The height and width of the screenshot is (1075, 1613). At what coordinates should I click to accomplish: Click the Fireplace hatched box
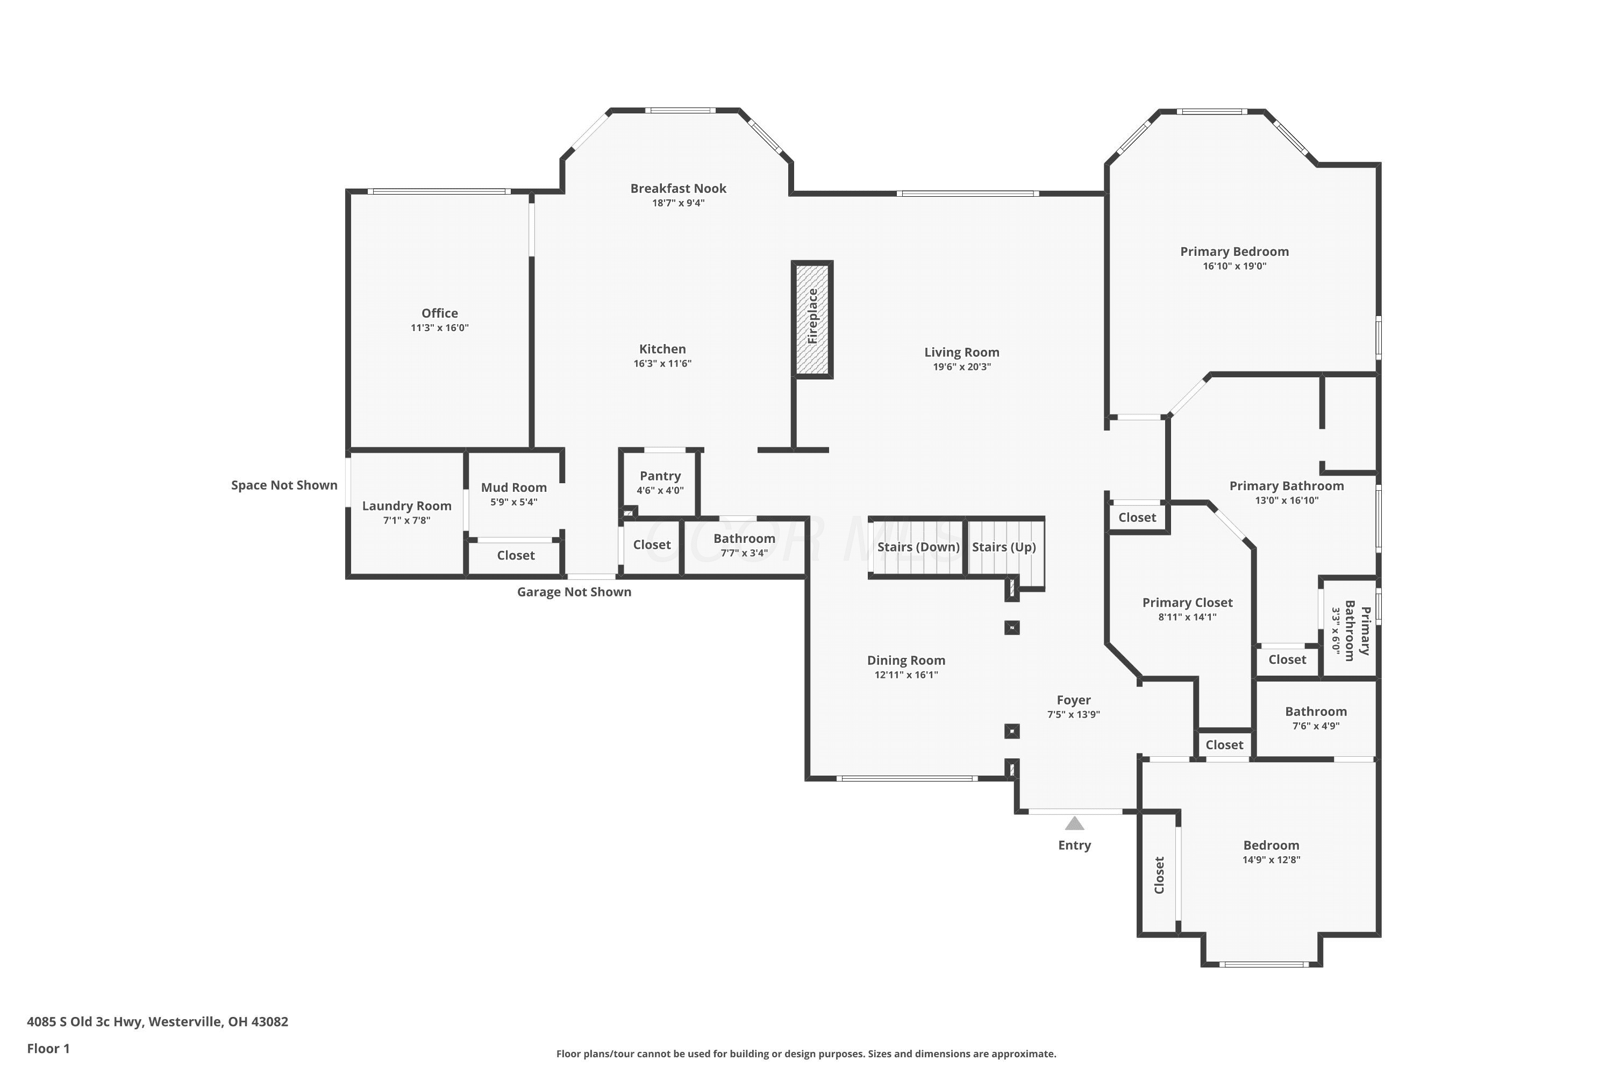coord(812,319)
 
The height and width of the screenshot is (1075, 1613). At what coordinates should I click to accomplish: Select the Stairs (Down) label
coord(918,547)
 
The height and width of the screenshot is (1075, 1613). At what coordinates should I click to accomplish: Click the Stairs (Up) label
coord(1003,547)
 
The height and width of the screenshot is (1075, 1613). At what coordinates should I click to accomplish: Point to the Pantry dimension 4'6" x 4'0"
coord(660,491)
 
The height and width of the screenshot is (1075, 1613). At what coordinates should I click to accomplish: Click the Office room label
coord(440,313)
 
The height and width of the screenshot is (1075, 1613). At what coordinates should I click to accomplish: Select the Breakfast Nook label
coord(678,189)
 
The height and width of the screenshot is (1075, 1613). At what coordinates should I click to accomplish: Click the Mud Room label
coord(513,488)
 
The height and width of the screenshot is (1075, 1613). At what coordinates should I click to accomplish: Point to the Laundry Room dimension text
coord(406,520)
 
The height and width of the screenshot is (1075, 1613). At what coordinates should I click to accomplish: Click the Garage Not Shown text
coord(574,592)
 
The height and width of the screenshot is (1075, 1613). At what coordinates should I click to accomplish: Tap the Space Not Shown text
coord(284,485)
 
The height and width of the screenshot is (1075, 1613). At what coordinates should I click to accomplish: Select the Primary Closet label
coord(1187,603)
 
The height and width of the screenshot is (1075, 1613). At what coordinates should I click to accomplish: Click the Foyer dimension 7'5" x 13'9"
coord(1073,714)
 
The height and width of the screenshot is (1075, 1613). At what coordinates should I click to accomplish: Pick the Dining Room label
coord(906,660)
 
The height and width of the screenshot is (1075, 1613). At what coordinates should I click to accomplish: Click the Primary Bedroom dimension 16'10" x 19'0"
coord(1234,266)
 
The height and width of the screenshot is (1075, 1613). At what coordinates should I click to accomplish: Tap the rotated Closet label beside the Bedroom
coord(1159,875)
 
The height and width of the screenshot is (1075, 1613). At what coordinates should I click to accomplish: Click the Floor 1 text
coord(48,1048)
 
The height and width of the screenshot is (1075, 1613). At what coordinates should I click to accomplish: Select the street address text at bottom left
coord(157,1022)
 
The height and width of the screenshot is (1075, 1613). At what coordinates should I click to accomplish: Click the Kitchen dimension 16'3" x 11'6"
coord(662,363)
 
